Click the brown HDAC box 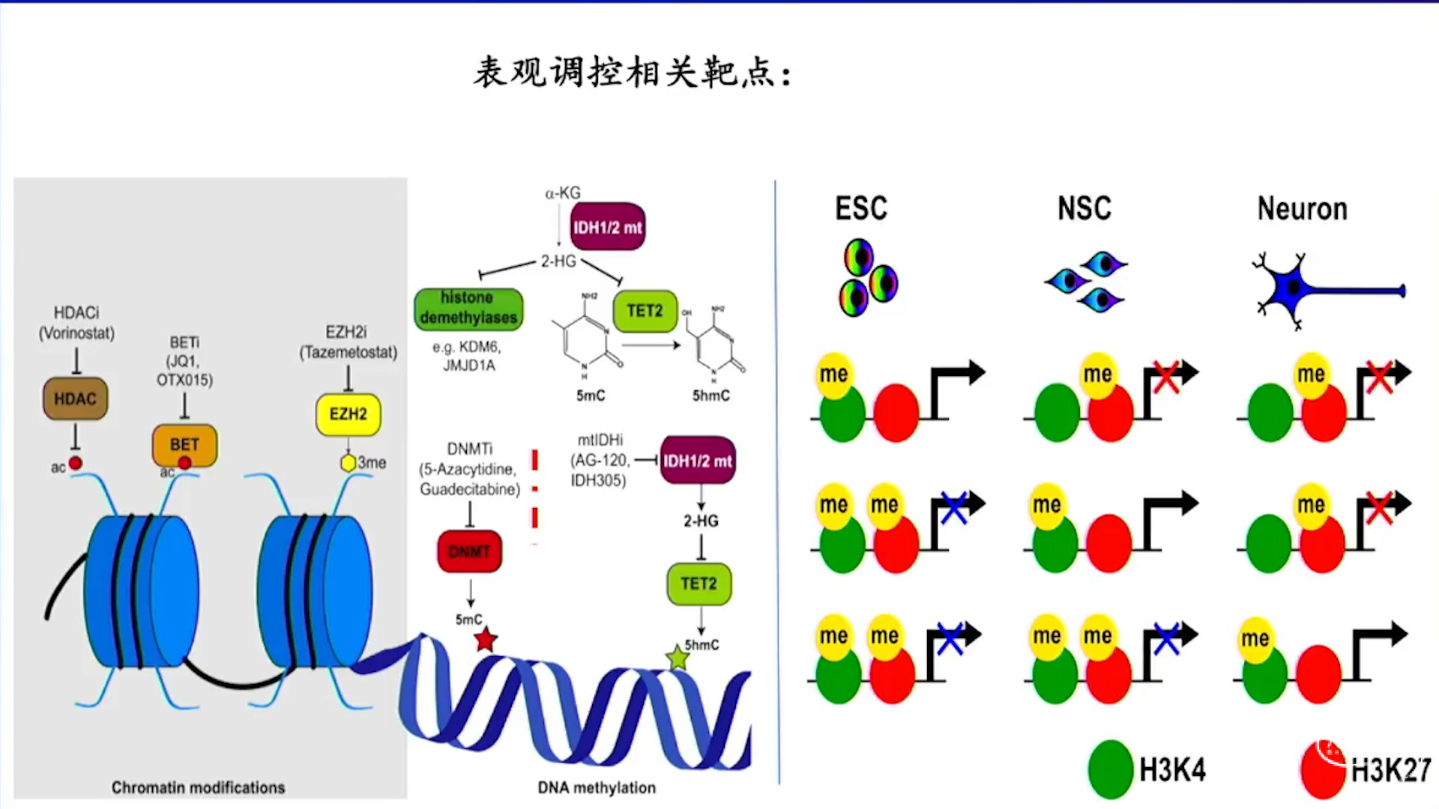coord(75,399)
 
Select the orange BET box coord(184,444)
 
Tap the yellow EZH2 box coord(349,413)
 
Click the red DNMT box coord(469,551)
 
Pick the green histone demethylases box coord(468,308)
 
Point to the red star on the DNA coord(486,639)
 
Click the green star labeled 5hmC coord(678,658)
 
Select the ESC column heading coord(861,208)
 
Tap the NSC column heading coord(1084,208)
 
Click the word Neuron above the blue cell coord(1302,209)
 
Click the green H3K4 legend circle coord(1110,769)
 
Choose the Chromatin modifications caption coord(198,787)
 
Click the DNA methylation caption coord(597,787)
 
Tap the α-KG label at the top coord(562,193)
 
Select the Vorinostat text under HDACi coord(76,333)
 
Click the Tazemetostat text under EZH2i coord(349,352)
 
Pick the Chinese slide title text coord(632,73)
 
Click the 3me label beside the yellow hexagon coord(372,463)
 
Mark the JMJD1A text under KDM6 coord(468,366)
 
